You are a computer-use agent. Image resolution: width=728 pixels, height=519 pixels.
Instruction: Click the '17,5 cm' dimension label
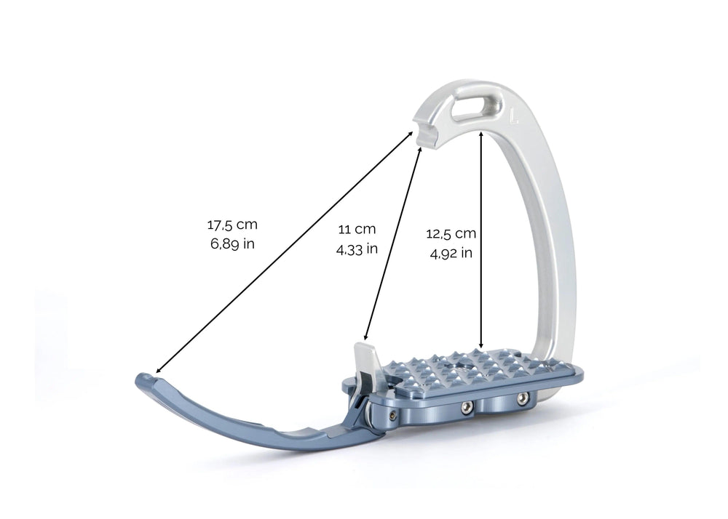pos(232,225)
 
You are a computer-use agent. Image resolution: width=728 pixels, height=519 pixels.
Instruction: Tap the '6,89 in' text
pos(232,244)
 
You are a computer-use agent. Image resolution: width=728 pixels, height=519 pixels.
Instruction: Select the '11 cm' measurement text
pos(357,229)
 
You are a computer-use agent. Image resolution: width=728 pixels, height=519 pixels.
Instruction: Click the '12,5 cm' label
pos(451,234)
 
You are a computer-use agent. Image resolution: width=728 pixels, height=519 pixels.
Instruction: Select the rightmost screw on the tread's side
pos(521,398)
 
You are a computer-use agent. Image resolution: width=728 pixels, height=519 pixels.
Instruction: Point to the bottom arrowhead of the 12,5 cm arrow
pos(481,346)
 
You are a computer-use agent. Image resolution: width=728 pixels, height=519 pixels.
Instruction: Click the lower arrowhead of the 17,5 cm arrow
pos(158,371)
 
